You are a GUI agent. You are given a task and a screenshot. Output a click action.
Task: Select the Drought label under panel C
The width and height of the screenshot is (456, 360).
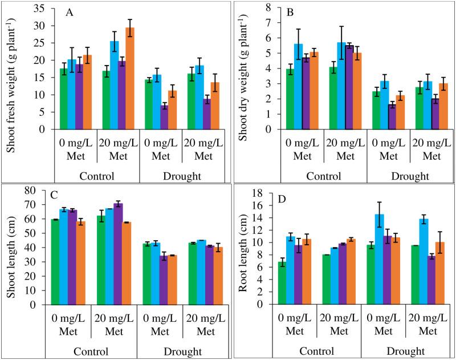(x=182, y=351)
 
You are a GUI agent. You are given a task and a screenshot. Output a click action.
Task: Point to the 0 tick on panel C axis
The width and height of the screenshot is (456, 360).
(x=40, y=304)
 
